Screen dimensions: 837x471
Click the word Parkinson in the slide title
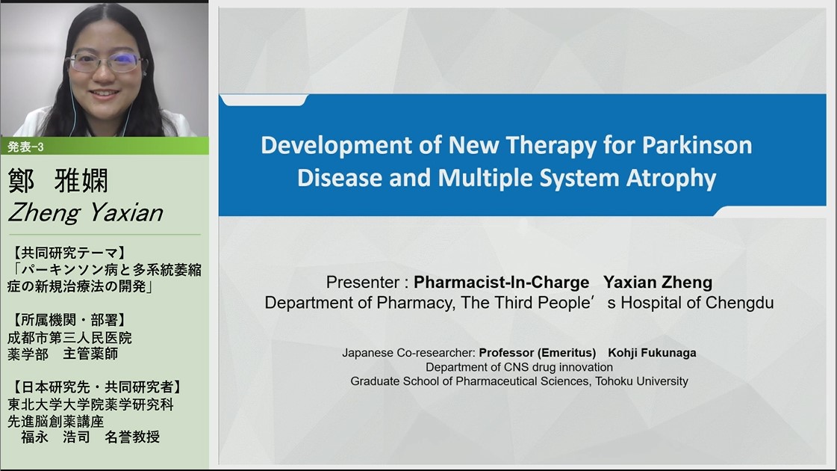pos(697,146)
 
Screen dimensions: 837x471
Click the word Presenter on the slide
pos(362,283)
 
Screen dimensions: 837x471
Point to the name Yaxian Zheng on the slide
pos(658,283)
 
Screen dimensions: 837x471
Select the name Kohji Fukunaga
pos(652,353)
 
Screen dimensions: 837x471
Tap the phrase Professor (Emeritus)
pos(537,353)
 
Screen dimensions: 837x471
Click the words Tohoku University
pos(641,381)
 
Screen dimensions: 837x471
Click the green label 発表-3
pos(25,147)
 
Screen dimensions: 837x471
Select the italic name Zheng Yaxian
pos(85,213)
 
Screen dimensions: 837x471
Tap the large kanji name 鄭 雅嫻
pos(58,180)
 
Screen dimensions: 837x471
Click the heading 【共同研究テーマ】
pos(68,253)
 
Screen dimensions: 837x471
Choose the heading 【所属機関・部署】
pos(68,320)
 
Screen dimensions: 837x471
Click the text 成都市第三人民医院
pos(69,337)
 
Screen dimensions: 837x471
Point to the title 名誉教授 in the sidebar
pos(132,437)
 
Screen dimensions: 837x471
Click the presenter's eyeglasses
pos(106,63)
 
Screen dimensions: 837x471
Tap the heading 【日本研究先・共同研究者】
pos(96,387)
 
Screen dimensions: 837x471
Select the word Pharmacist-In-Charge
pos(501,283)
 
